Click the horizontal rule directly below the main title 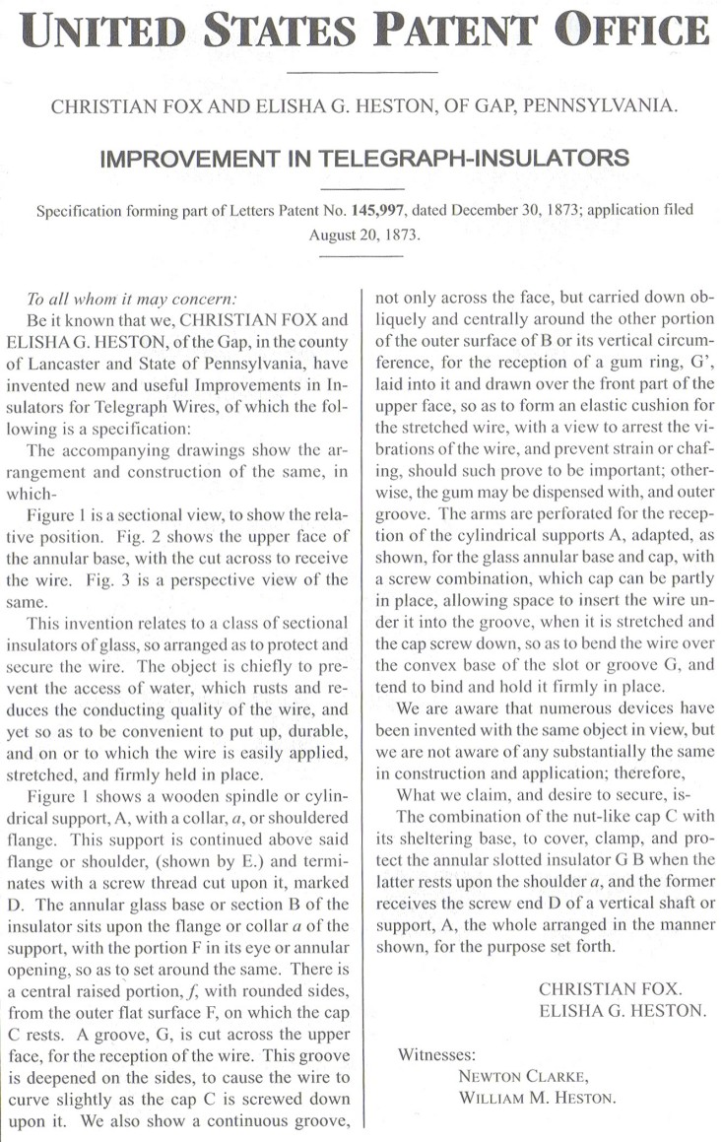(x=360, y=72)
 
